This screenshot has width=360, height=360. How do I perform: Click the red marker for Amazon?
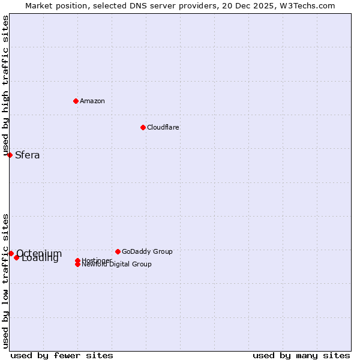[76, 101]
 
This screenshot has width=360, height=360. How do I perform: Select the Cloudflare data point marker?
[143, 127]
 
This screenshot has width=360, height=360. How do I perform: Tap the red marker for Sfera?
[10, 155]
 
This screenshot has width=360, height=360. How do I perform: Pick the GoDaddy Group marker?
[118, 251]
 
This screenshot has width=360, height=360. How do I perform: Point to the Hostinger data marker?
[77, 260]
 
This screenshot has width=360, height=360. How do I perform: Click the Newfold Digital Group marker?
[77, 265]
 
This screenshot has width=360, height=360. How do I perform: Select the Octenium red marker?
[11, 253]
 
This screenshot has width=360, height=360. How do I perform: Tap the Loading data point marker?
[17, 257]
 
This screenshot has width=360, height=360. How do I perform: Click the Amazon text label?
[92, 101]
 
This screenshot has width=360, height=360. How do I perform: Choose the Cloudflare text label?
[163, 127]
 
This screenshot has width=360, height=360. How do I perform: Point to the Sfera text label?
[28, 155]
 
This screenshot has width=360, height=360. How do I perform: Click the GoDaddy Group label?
[147, 251]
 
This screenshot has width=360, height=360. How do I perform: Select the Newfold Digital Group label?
[117, 265]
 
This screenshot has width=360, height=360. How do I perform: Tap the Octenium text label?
[39, 253]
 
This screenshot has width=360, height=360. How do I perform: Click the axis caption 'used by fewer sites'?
[62, 355]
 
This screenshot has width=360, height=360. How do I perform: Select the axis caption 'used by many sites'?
[301, 355]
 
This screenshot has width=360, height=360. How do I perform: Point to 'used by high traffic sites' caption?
[5, 86]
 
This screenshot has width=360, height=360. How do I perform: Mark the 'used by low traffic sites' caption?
[5, 281]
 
